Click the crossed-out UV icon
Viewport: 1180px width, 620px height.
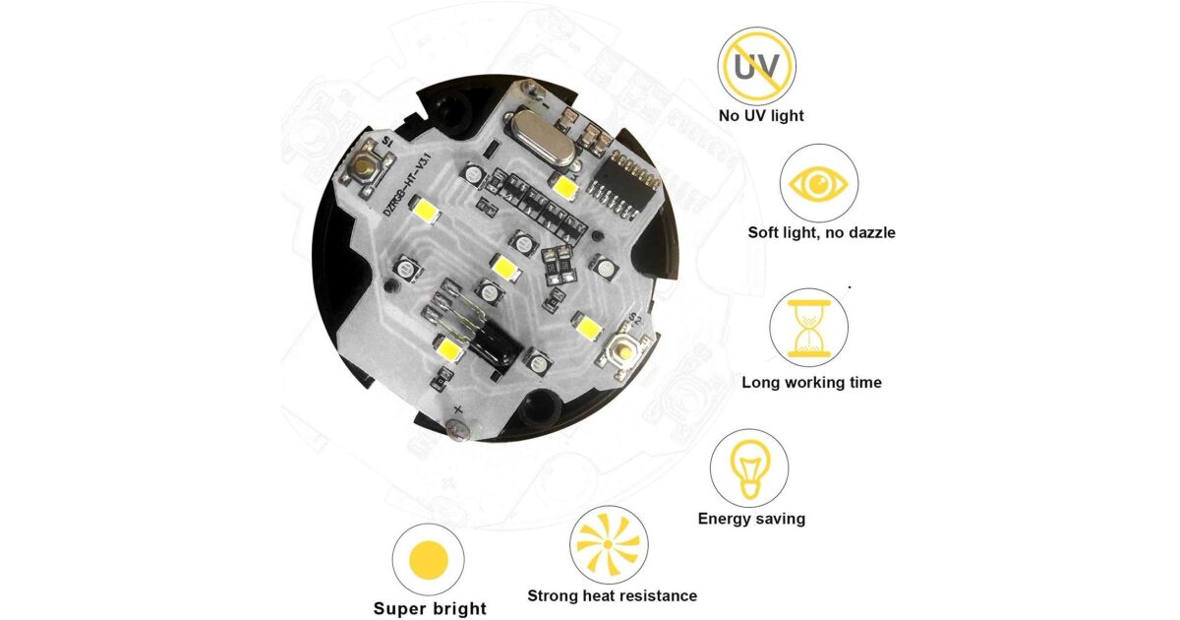756,67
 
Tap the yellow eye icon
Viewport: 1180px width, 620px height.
818,185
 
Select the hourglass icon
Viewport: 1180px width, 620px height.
808,329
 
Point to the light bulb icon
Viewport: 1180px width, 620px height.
749,468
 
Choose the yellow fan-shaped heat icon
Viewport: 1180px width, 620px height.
609,544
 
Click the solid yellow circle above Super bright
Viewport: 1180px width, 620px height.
429,560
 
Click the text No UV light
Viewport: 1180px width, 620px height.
761,115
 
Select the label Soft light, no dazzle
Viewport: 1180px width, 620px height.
821,232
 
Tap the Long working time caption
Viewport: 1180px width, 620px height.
811,382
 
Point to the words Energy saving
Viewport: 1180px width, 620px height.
751,519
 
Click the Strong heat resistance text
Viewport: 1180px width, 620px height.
612,595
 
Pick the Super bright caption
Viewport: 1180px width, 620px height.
430,608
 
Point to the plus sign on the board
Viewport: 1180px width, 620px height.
458,408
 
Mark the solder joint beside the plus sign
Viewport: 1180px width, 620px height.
458,429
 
